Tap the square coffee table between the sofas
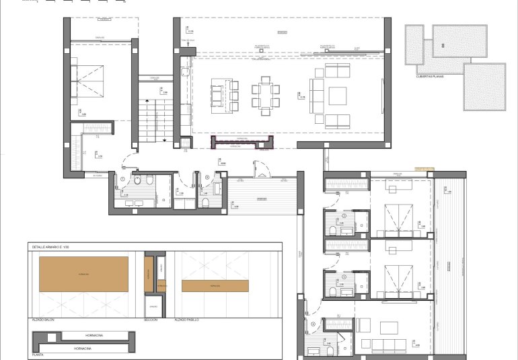click(336, 96)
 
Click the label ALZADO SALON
click(42, 319)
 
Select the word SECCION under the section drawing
click(151, 319)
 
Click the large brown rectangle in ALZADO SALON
click(84, 274)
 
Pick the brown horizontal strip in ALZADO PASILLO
click(215, 286)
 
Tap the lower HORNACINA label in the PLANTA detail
click(83, 349)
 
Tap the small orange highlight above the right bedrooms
click(424, 169)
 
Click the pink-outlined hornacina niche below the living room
click(242, 142)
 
